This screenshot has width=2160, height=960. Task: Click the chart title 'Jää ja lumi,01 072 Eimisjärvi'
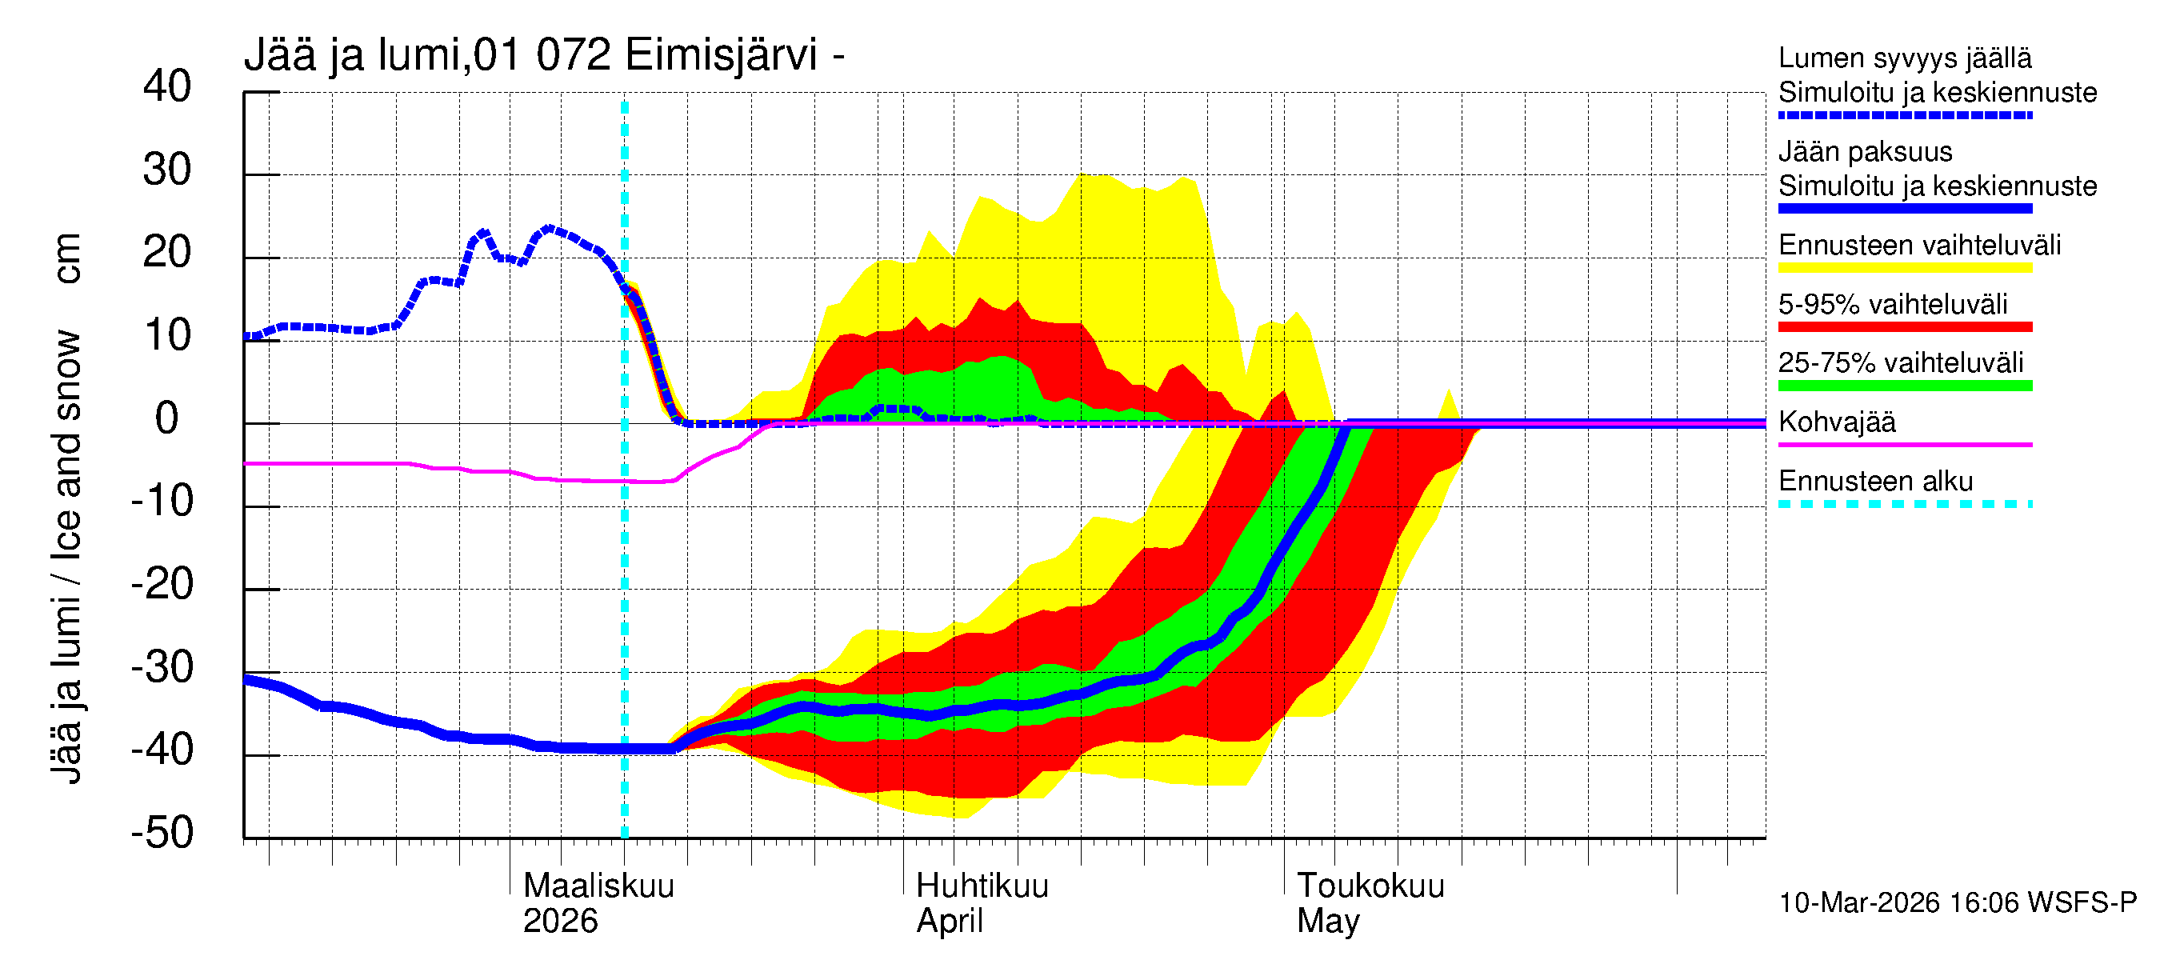pos(543,55)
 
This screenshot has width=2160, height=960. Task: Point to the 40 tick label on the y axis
pos(167,86)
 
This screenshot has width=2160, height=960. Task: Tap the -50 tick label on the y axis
pos(162,833)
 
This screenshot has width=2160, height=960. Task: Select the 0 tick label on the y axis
pos(167,418)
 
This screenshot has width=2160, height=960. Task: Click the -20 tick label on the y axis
pos(162,583)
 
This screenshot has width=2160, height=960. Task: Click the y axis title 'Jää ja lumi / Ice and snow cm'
pos(66,507)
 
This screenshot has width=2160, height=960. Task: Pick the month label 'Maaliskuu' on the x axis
pos(598,886)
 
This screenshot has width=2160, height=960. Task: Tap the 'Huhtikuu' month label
pos(982,886)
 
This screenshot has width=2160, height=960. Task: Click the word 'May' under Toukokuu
pos(1327,921)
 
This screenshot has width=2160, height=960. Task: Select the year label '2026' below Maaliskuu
pos(560,921)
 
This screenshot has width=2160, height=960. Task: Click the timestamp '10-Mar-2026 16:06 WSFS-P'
pos(1957,902)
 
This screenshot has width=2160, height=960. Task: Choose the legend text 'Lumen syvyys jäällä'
pos(1904,58)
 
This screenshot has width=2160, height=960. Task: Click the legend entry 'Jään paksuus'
pos(1865,152)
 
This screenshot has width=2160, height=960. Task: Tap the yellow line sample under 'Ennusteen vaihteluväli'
pos(1904,268)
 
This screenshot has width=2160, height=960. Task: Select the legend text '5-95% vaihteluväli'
pos(1893,303)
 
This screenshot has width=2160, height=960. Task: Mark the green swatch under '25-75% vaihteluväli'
pos(1904,386)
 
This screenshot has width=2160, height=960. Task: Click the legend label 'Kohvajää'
pos(1836,422)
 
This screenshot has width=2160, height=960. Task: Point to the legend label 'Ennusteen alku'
pos(1875,482)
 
